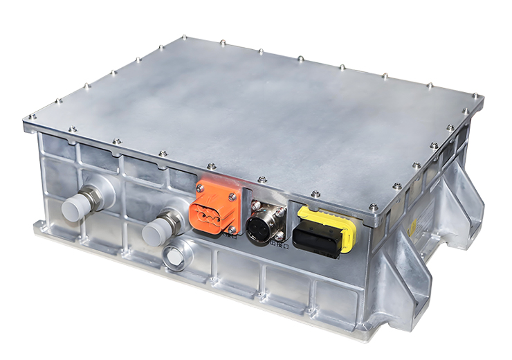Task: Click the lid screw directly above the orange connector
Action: tap(212, 165)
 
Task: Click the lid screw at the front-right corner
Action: tap(374, 206)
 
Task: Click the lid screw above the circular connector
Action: tap(262, 180)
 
